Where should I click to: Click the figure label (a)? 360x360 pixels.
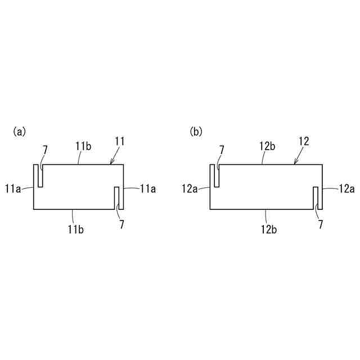coord(19,132)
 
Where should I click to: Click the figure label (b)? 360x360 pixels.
coord(196,132)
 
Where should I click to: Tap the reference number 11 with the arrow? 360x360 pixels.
coord(120,141)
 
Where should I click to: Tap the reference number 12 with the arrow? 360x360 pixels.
coord(304,141)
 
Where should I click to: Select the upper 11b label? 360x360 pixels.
coord(84,146)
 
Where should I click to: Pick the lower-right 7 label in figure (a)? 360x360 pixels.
coord(122,224)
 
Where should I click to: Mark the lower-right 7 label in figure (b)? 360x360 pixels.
coord(321,224)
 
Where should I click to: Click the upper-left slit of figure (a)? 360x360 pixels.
coord(40,175)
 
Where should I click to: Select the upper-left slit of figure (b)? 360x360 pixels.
coord(217,175)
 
